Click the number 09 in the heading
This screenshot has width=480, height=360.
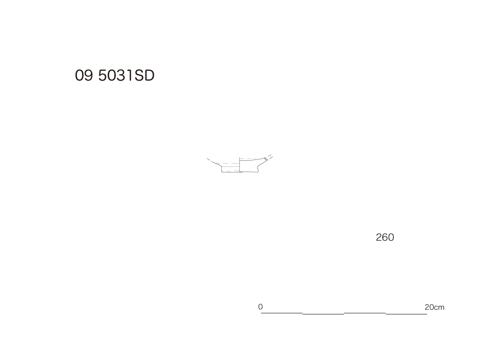tap(84, 75)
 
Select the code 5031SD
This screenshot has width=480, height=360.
tap(126, 75)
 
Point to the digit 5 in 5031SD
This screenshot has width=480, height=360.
tap(103, 75)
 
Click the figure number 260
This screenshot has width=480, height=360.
tap(385, 237)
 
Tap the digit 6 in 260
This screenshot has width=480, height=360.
tap(385, 237)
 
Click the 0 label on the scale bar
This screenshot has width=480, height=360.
tap(260, 307)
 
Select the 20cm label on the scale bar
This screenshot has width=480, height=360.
tap(435, 307)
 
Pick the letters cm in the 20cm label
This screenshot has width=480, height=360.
tap(439, 307)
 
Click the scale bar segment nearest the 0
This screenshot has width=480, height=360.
tap(282, 313)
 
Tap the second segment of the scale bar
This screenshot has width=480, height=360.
tap(323, 314)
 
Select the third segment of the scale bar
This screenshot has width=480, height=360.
tap(365, 313)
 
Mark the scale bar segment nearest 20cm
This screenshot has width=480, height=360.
tap(406, 314)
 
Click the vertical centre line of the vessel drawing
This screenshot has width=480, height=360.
tap(240, 165)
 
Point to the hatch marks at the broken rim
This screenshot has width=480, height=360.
tap(265, 158)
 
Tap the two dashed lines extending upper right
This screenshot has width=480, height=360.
tap(269, 157)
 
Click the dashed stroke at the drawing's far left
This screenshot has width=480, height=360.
tap(209, 160)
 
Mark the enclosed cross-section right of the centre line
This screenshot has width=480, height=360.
tap(249, 165)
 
